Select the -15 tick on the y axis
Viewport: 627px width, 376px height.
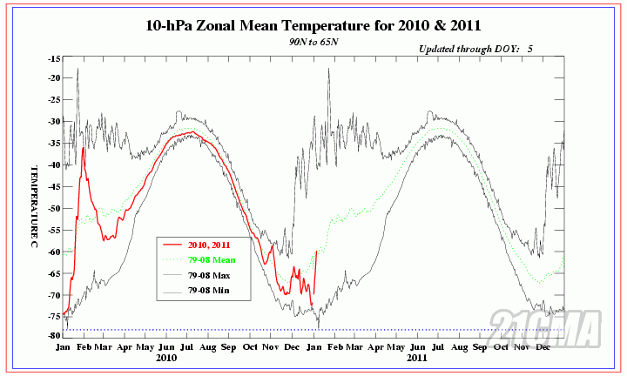[53, 58]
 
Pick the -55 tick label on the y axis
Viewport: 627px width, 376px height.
[53, 230]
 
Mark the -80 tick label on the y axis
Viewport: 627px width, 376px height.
[53, 335]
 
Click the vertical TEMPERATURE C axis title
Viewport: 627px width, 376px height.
[36, 199]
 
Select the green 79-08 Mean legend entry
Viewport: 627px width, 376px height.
[213, 259]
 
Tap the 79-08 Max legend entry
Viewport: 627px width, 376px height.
[212, 275]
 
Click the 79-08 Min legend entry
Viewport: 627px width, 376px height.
[212, 290]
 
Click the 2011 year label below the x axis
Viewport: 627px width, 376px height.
[416, 358]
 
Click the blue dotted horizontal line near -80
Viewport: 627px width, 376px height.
[313, 330]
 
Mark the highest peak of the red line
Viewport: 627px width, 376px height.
[84, 148]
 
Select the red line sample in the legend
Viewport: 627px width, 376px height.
[172, 245]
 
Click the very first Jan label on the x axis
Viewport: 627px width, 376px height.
[63, 346]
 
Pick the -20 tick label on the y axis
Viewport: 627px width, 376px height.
[53, 78]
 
